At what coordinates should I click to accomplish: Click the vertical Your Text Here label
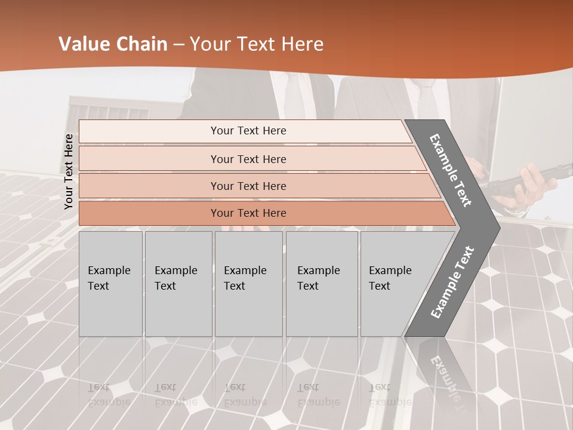[69, 171]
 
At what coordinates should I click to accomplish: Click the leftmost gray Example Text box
[110, 284]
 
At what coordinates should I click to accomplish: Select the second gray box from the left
[178, 284]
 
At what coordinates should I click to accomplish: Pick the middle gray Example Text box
[248, 284]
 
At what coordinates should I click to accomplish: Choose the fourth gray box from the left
[322, 284]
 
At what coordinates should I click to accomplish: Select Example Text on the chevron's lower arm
[452, 282]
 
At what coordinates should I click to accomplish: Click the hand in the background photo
[525, 185]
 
